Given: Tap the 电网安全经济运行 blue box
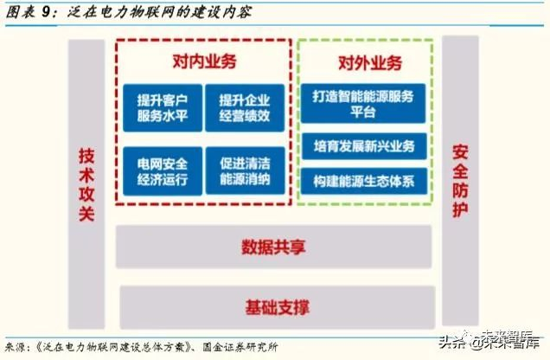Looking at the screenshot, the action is (x=163, y=170).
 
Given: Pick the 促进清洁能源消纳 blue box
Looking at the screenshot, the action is (x=245, y=170).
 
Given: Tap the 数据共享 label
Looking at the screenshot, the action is (x=275, y=246).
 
